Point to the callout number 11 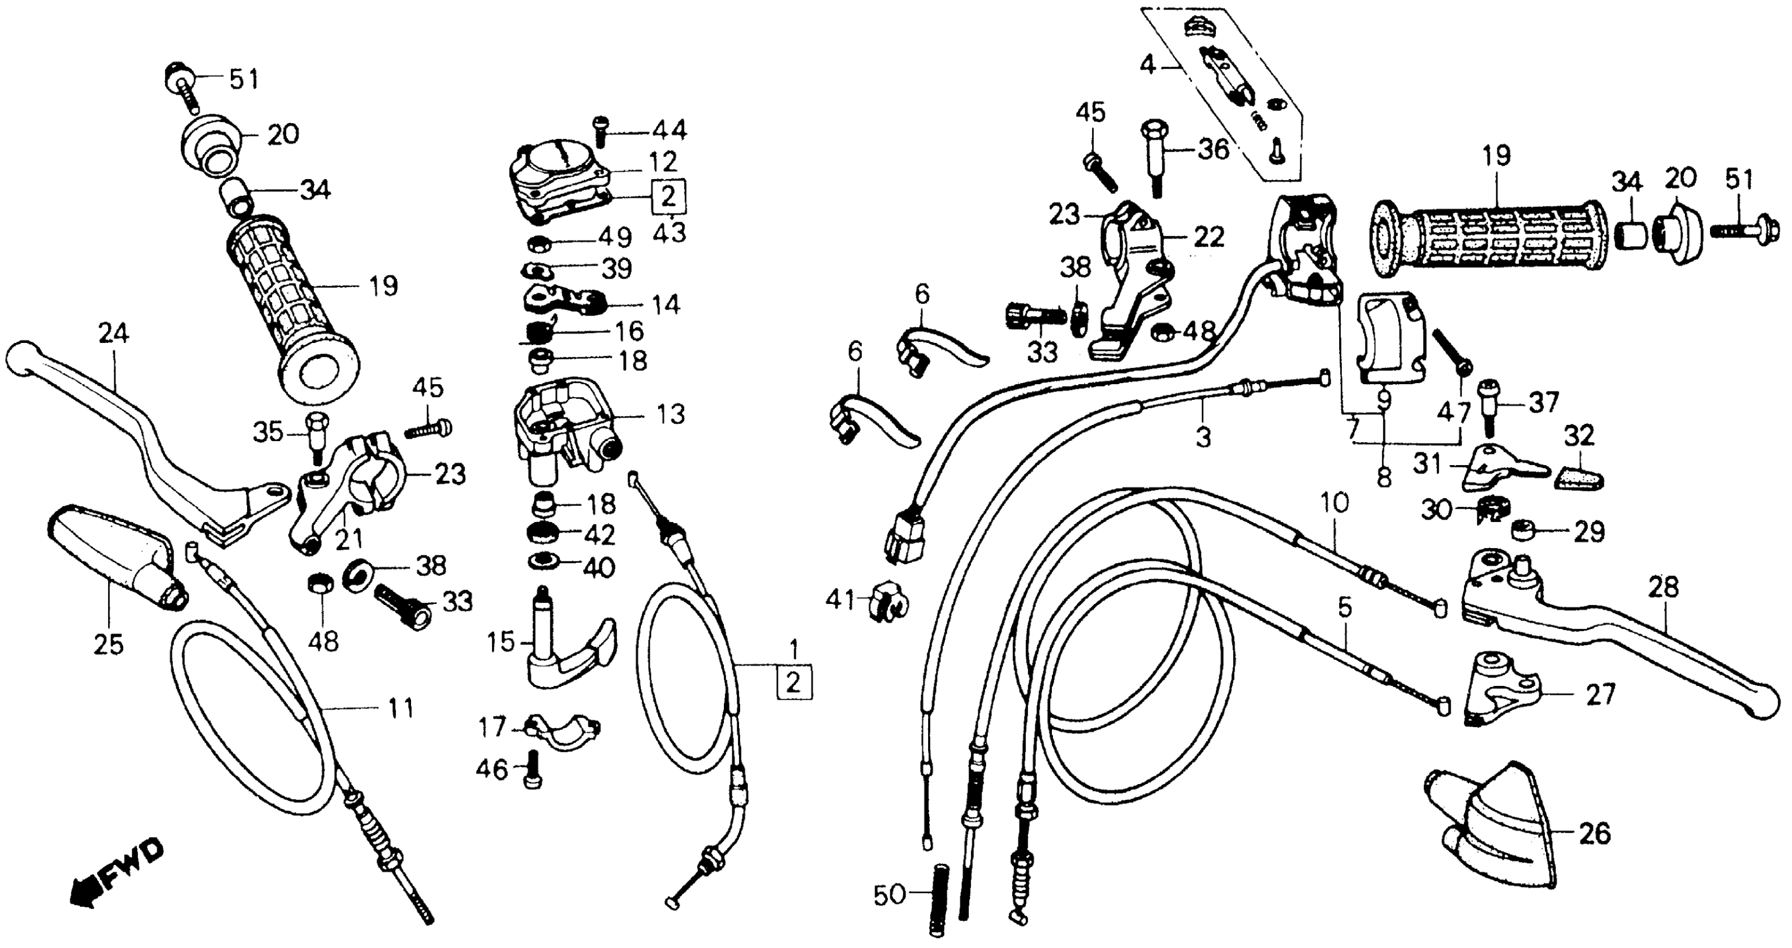click(400, 709)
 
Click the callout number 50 click(890, 894)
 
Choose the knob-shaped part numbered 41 click(883, 600)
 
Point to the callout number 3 click(1203, 438)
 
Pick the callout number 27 click(1600, 694)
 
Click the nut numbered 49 click(537, 244)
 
